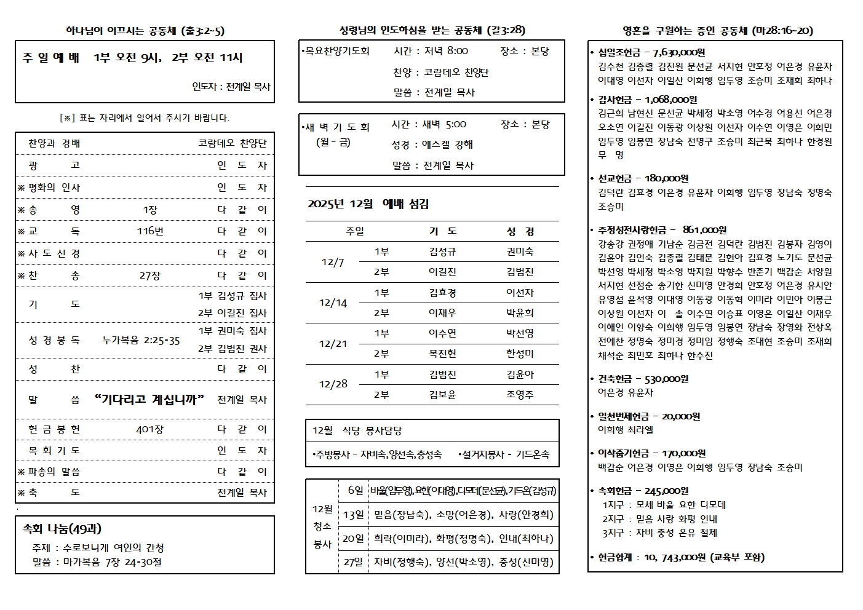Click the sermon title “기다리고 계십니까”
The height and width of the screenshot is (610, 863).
150,400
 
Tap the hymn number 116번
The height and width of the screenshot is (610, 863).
150,231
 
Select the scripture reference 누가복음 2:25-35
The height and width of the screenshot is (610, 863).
141,340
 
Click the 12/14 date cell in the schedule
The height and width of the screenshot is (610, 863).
333,303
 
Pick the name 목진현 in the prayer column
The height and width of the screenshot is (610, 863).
442,354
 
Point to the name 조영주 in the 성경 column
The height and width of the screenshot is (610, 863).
520,395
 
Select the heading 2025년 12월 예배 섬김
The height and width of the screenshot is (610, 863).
368,204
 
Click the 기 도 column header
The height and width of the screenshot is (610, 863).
442,231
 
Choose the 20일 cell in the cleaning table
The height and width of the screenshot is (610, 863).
353,538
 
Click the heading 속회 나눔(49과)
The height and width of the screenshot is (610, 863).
62,529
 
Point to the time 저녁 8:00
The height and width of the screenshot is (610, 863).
446,51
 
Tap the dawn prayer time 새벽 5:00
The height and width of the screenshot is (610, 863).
444,124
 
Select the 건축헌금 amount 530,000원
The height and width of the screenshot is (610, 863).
662,379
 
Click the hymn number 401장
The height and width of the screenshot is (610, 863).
150,429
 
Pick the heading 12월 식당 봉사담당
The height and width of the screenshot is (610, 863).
357,430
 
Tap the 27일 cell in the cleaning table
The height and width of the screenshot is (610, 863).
353,561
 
